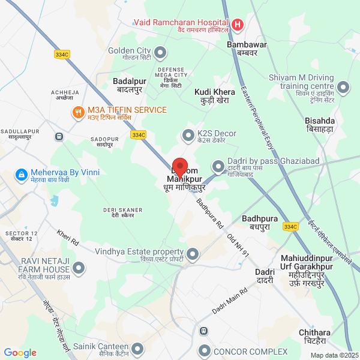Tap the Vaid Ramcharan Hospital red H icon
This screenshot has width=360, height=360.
pyautogui.click(x=238, y=25)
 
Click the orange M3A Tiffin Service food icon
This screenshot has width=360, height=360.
pyautogui.click(x=78, y=112)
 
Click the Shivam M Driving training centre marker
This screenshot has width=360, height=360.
pyautogui.click(x=343, y=88)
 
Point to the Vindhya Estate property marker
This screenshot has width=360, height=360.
pyautogui.click(x=193, y=255)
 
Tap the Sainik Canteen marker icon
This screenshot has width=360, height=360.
pyautogui.click(x=137, y=349)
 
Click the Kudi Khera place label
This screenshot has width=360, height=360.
pyautogui.click(x=214, y=96)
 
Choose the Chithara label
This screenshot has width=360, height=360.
pyautogui.click(x=314, y=336)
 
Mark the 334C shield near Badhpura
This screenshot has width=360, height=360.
pyautogui.click(x=290, y=227)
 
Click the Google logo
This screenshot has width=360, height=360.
pyautogui.click(x=20, y=353)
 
